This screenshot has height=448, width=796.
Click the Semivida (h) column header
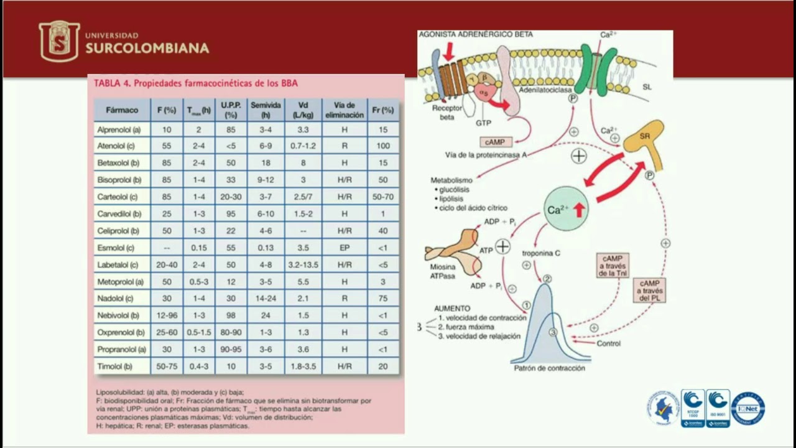click(x=266, y=110)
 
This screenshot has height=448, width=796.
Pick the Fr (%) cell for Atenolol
click(x=383, y=146)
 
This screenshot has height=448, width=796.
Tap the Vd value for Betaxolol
click(x=303, y=163)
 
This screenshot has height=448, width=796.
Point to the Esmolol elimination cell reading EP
click(x=344, y=248)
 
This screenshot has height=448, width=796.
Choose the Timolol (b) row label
click(x=115, y=366)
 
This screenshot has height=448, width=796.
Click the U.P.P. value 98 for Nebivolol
click(x=231, y=315)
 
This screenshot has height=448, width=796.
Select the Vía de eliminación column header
click(x=344, y=110)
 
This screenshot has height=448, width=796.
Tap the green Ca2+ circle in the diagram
click(x=566, y=209)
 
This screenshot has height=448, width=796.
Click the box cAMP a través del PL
click(x=650, y=291)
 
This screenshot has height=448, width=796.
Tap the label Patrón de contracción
click(x=549, y=368)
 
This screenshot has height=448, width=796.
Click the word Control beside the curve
click(x=608, y=343)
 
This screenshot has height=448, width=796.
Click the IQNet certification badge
click(x=748, y=408)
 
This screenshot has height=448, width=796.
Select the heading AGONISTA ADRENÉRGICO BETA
click(x=476, y=35)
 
